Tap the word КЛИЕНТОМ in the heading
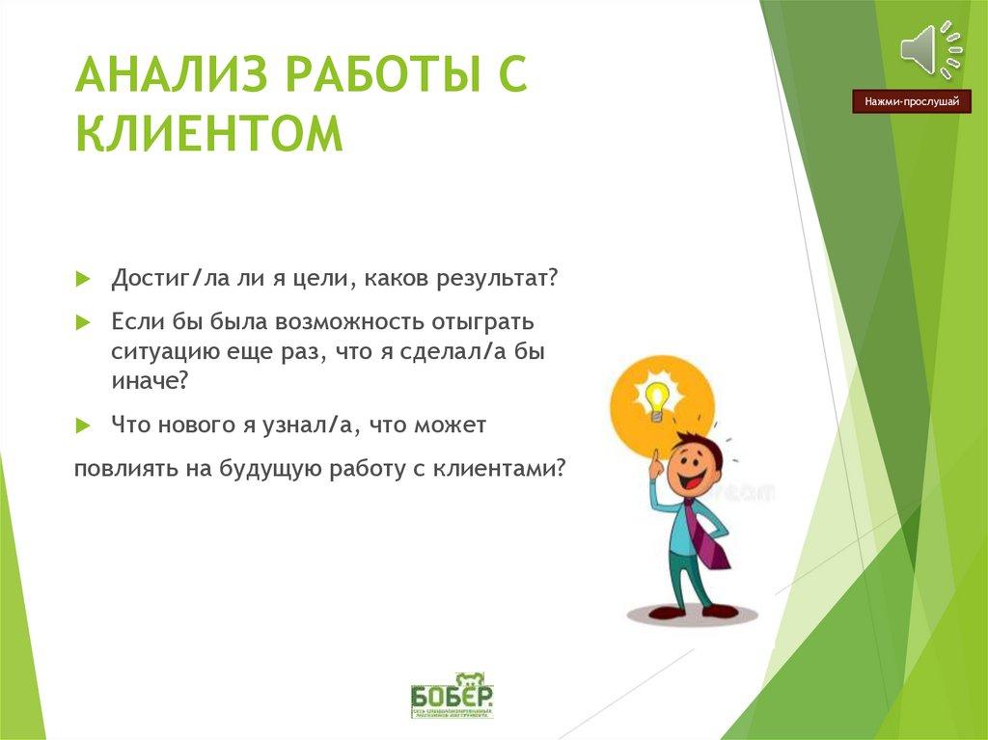point(209,134)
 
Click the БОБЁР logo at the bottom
point(452,695)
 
